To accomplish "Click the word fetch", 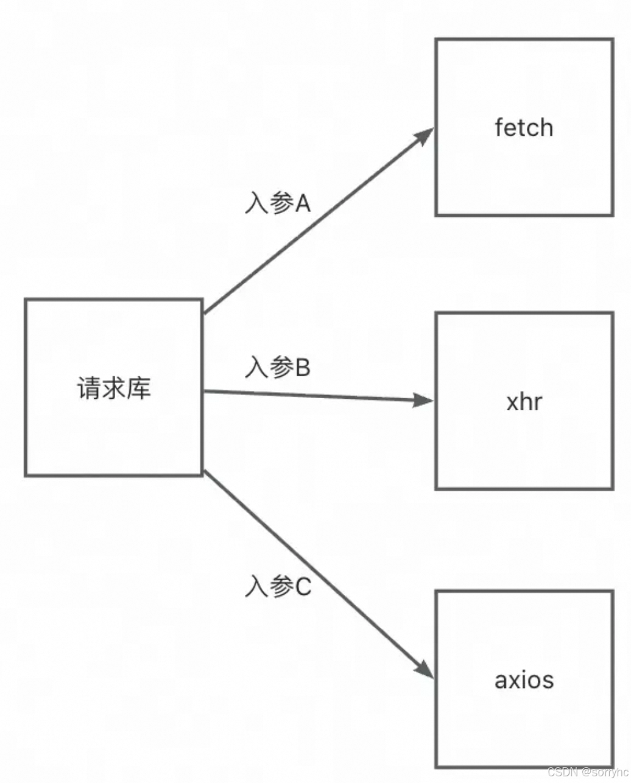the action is tap(524, 128).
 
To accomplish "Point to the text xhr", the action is tap(524, 402).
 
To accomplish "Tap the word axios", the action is tap(524, 679).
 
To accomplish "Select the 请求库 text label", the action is tap(114, 388).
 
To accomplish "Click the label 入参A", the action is tap(278, 204).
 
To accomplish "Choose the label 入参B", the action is tap(278, 368).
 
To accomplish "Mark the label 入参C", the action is tap(278, 587).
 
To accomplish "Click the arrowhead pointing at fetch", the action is tap(425, 135).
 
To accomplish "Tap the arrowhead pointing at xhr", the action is tap(424, 400).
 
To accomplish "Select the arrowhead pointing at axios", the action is tap(425, 669).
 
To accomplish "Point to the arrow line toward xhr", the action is tap(317, 396).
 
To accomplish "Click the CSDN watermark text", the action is tap(587, 772).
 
